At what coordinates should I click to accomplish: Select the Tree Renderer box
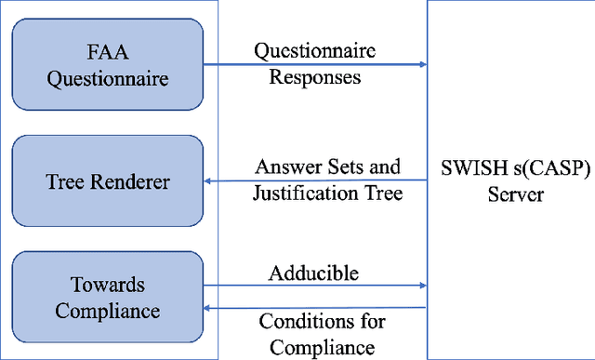110,181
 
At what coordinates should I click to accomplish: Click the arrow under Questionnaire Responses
315,64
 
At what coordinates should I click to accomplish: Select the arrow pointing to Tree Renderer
315,180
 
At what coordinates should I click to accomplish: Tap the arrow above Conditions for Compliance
315,308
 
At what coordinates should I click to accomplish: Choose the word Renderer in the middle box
133,181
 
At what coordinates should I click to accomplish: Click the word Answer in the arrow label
284,167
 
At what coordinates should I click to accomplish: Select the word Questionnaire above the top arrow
316,52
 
